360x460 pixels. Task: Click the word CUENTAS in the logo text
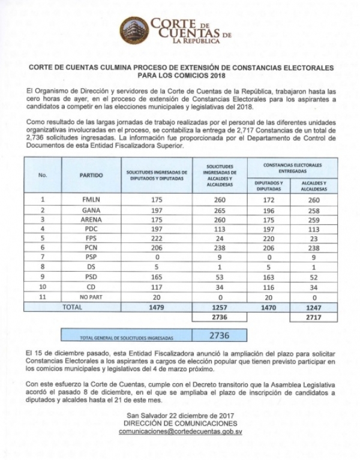tap(183, 34)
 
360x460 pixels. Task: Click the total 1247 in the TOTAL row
tap(313, 306)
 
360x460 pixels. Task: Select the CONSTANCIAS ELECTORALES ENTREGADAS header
tap(292, 168)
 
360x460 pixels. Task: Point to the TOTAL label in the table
tap(73, 306)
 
